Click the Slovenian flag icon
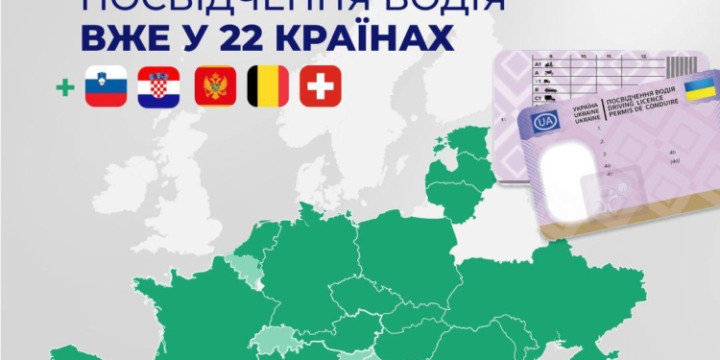[x=107, y=85]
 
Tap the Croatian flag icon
[x=158, y=85]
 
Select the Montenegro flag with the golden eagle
[x=213, y=85]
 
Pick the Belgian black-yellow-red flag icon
[x=267, y=85]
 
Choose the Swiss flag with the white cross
[x=321, y=85]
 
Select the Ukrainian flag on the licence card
[x=697, y=91]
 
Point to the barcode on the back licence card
[x=679, y=66]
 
